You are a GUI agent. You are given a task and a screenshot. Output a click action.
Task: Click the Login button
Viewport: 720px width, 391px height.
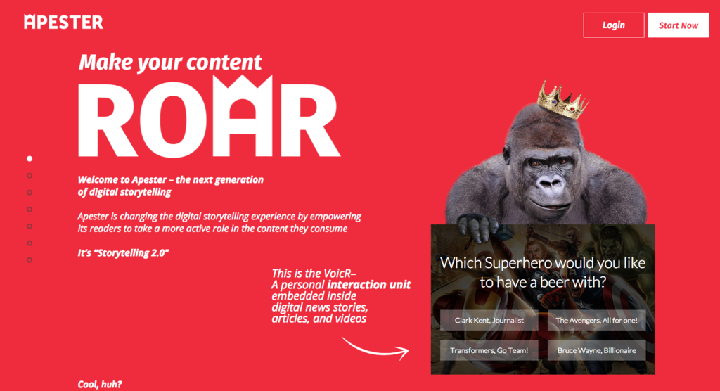tap(613, 25)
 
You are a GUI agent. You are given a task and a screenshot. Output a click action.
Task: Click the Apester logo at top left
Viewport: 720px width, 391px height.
tap(63, 22)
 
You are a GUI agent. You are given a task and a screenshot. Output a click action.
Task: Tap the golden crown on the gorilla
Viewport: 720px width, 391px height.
tap(562, 100)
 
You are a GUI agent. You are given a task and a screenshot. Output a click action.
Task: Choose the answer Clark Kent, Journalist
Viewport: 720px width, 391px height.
tap(489, 320)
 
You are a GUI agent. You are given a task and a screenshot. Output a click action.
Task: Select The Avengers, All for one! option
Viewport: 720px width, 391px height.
tap(596, 320)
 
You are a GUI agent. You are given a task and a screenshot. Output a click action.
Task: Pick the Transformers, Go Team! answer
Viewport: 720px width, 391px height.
tap(489, 350)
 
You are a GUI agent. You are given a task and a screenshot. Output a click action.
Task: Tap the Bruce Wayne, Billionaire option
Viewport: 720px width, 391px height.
tap(596, 350)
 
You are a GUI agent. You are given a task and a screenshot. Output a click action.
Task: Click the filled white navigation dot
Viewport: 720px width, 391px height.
tap(30, 158)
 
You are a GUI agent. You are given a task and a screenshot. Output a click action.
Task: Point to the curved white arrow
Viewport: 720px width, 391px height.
tap(374, 352)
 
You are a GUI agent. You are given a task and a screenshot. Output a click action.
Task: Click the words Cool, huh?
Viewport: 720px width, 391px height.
tap(100, 385)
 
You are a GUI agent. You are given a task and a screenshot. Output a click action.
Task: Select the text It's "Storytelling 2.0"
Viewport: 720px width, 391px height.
tap(123, 252)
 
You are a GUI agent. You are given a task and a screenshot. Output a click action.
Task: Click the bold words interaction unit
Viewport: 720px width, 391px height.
tap(368, 285)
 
